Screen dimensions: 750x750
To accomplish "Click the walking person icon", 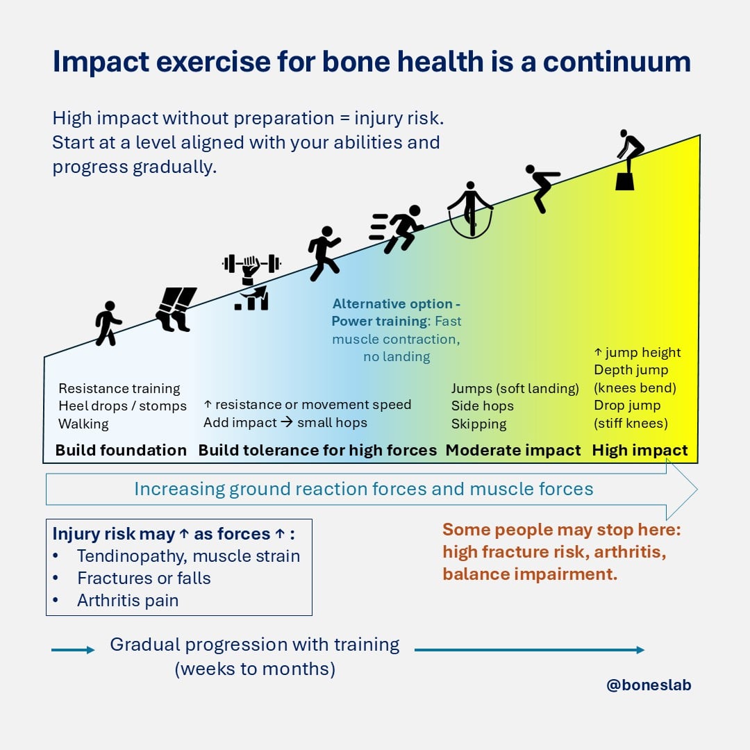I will (108, 323).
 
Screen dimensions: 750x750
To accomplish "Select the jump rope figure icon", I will (470, 210).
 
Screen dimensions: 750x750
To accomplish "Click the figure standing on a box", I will (628, 160).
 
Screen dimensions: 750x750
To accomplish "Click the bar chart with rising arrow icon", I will (252, 299).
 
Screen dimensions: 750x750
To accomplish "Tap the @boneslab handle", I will (649, 685).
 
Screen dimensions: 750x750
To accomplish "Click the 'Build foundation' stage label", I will (121, 450).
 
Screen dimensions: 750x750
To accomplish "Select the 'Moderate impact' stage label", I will (513, 450).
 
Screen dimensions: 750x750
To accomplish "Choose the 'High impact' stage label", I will (640, 450).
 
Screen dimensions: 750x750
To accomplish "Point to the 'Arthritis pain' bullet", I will (128, 601).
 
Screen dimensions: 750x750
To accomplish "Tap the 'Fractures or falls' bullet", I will (144, 578).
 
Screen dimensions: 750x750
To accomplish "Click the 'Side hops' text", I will (483, 406).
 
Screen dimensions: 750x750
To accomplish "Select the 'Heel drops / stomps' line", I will (122, 406).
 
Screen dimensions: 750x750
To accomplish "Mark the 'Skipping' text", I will (479, 424).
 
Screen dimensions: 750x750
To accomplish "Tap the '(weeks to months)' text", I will (255, 669).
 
